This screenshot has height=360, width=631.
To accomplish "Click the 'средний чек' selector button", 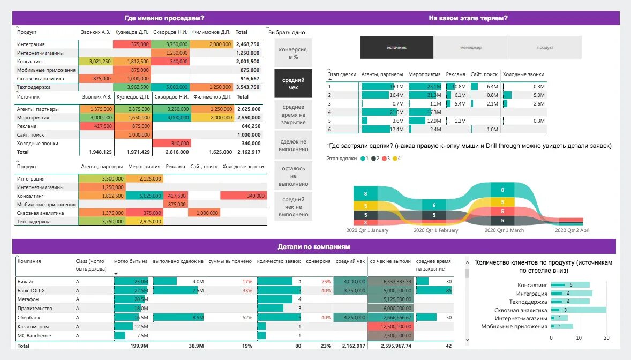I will [293, 84].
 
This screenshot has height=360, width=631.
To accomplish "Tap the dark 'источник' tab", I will [396, 48].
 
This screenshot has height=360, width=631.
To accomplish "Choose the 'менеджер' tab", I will [470, 48].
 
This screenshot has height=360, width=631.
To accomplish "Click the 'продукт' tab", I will [545, 48].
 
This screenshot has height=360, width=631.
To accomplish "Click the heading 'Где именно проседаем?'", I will [164, 18].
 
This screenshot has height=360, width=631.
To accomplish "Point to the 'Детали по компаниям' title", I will [314, 247].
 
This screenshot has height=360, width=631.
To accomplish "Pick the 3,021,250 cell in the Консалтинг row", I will [96, 62].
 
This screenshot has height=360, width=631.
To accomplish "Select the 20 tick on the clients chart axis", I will [606, 338].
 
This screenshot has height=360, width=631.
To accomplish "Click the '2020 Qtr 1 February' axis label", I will [436, 230].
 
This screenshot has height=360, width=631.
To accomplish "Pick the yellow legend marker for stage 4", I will [395, 159].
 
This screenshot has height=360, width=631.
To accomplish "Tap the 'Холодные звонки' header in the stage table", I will [524, 74].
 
